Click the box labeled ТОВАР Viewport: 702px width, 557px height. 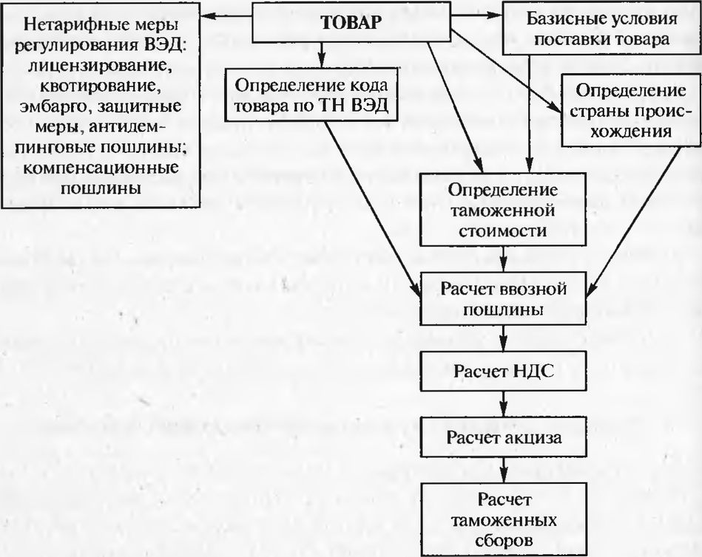click(351, 22)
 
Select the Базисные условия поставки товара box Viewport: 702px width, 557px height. click(587, 28)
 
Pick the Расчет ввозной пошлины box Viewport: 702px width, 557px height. click(504, 298)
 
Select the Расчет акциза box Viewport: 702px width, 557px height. click(504, 437)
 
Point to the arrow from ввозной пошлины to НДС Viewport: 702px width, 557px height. click(504, 338)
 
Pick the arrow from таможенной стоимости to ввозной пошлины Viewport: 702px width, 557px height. click(504, 258)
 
